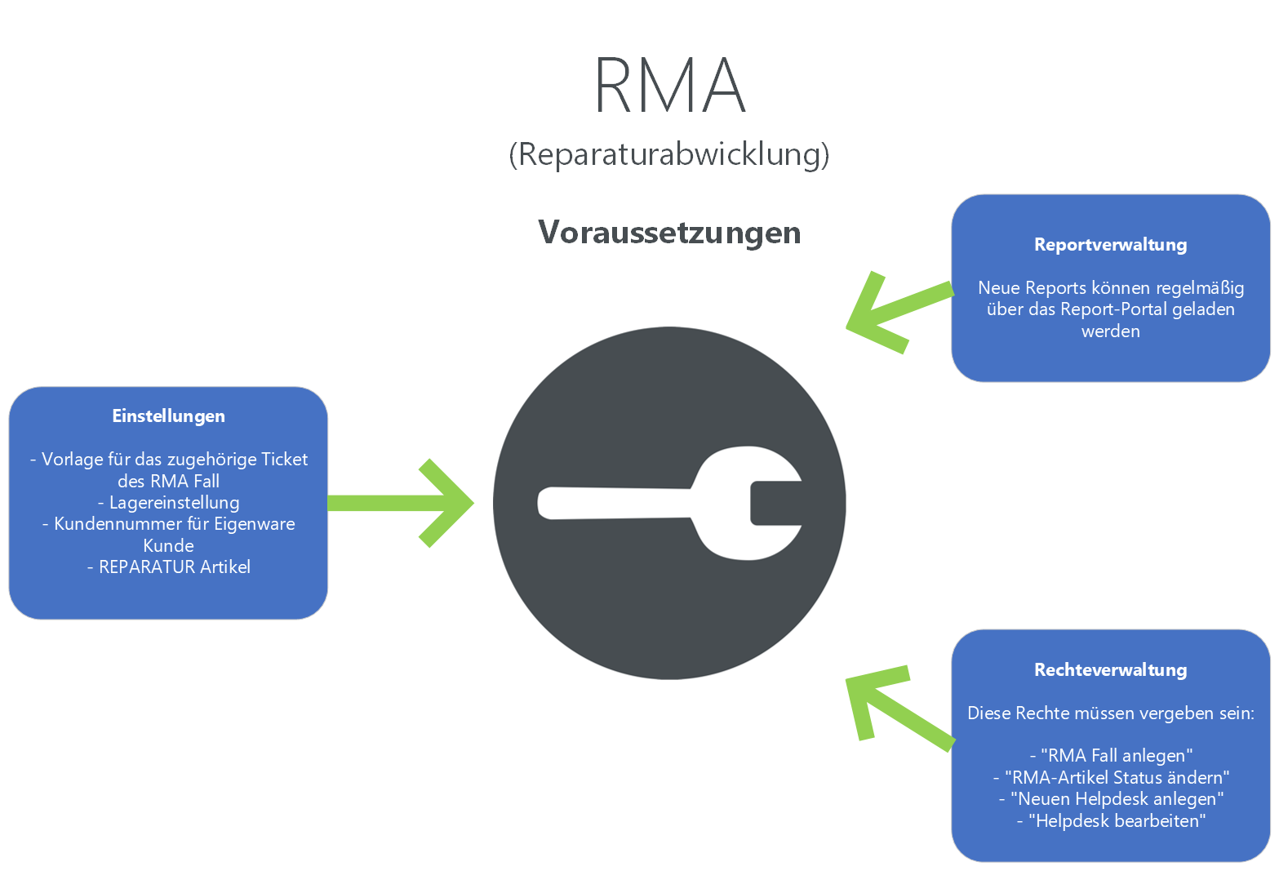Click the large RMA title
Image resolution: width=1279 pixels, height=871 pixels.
(669, 85)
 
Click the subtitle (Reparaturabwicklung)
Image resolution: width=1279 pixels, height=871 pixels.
(668, 153)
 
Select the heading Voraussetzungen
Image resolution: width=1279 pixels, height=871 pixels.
(669, 233)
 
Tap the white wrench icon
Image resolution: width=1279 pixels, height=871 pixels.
(669, 503)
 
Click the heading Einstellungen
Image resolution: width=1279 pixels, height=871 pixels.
(168, 416)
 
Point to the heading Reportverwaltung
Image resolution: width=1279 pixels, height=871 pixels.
(1110, 244)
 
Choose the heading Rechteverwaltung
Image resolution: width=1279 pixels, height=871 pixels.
(1110, 669)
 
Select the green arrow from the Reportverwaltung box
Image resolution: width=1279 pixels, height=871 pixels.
(894, 313)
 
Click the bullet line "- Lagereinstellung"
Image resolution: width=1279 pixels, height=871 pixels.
(168, 502)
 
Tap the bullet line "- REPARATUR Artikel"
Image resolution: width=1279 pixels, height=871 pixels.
(168, 567)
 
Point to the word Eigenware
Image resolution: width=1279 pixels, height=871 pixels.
(255, 523)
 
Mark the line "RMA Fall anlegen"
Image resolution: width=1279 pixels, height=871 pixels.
(1111, 755)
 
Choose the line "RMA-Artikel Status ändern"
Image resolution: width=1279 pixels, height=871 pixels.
(1111, 777)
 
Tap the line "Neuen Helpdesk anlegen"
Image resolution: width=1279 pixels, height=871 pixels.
(1111, 798)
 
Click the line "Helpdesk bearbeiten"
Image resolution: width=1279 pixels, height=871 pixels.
(1111, 820)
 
